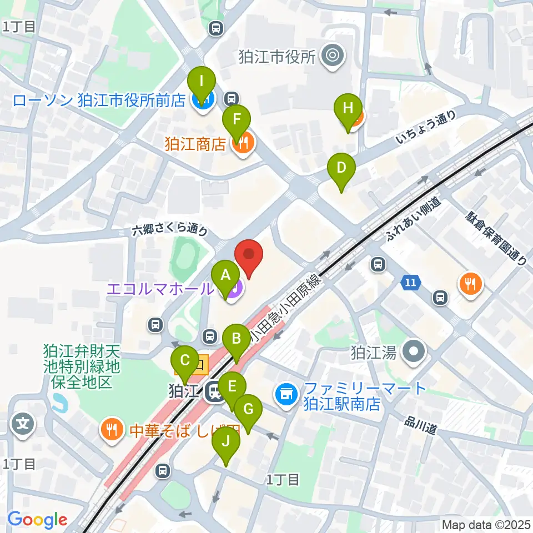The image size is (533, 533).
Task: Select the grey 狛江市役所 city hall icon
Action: tap(333, 56)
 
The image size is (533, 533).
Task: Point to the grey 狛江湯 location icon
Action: tap(414, 352)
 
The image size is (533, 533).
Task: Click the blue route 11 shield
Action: tap(410, 283)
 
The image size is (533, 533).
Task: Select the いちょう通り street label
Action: tap(426, 128)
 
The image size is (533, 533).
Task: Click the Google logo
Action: tap(37, 520)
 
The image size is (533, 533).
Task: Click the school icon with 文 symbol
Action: tap(23, 425)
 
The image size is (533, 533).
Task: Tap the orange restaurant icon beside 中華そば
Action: tap(112, 429)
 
